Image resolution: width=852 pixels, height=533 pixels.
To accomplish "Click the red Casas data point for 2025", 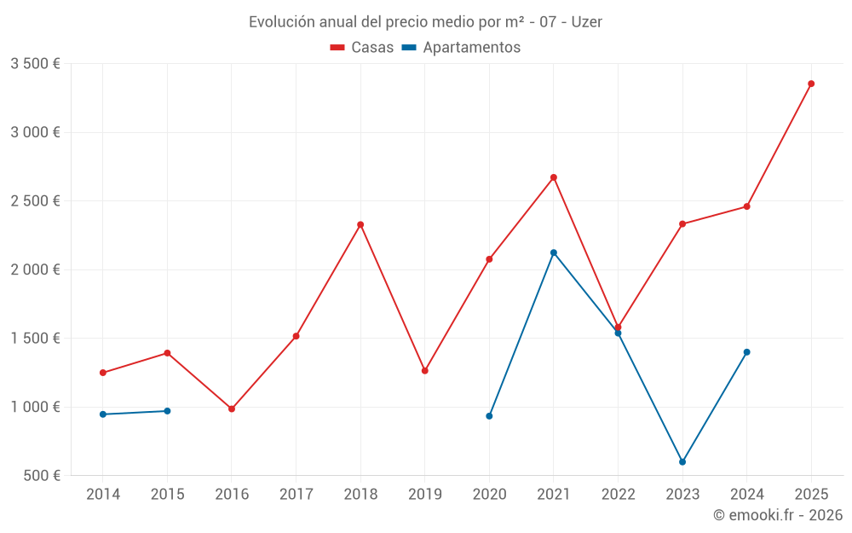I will click(x=811, y=84).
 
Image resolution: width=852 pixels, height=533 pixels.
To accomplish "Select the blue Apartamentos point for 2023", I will click(x=682, y=462).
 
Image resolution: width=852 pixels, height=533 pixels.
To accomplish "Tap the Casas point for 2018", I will click(x=360, y=224).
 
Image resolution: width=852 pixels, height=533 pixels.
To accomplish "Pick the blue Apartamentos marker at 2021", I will click(x=554, y=252).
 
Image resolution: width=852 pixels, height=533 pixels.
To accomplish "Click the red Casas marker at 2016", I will click(x=232, y=408).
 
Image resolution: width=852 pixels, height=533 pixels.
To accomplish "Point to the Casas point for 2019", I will click(x=425, y=370).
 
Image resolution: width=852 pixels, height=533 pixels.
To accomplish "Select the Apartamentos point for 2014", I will click(x=103, y=414).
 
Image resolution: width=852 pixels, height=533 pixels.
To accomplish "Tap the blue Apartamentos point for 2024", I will click(x=747, y=352).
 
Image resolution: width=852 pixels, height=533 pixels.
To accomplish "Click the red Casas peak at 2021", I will click(x=554, y=177).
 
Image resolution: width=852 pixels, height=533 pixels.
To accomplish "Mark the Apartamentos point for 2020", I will click(x=489, y=416).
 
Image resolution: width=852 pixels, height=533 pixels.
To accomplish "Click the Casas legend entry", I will click(x=362, y=48).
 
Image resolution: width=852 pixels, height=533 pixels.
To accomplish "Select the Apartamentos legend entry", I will click(x=461, y=48).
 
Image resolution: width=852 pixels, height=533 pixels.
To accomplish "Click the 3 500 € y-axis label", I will click(x=35, y=64).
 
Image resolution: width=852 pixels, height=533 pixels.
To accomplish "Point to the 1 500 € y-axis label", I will click(x=35, y=339).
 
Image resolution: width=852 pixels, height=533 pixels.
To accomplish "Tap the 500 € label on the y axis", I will click(x=42, y=476).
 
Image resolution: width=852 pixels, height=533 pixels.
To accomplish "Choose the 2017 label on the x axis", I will click(x=296, y=495).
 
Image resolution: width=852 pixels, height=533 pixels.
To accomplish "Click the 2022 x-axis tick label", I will click(x=618, y=495).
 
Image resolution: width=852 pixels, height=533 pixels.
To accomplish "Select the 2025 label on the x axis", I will click(x=811, y=495).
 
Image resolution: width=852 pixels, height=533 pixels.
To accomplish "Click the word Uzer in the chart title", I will click(x=587, y=22).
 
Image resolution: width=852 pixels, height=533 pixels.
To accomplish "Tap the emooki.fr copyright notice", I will click(x=777, y=515).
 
